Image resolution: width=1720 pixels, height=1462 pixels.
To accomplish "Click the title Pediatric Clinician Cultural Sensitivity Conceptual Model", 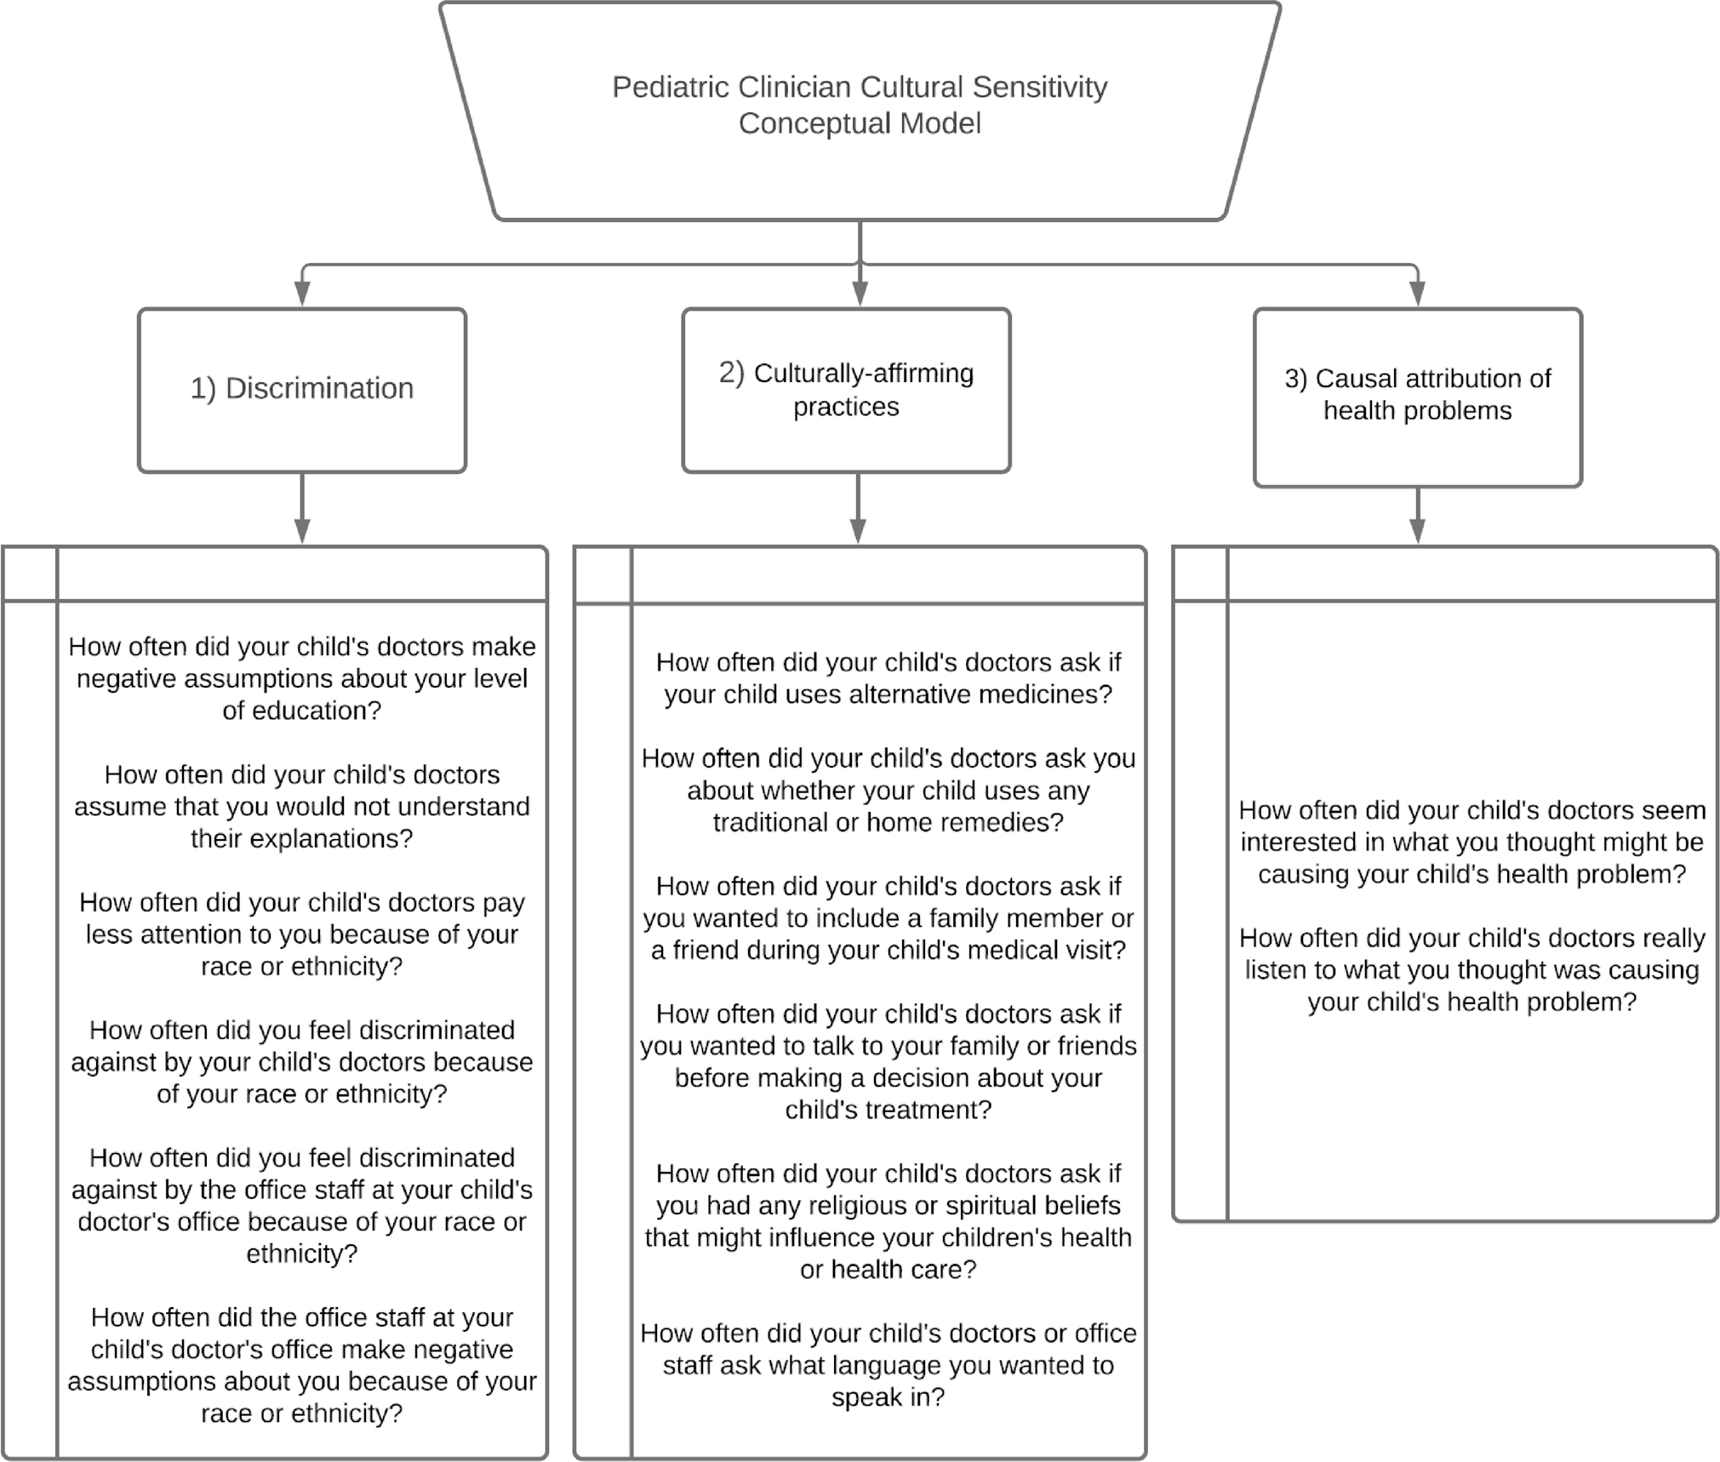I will [x=860, y=105].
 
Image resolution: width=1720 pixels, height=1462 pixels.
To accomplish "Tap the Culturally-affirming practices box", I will [x=846, y=390].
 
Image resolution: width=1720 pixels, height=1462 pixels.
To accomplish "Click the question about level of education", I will [x=302, y=678].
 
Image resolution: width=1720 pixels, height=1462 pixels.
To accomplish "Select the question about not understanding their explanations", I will [x=302, y=806].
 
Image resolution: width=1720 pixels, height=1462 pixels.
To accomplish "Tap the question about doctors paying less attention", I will [x=302, y=934].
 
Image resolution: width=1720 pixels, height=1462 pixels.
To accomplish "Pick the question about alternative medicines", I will [x=888, y=678].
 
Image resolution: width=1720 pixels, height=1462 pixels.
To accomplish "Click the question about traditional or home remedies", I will [x=888, y=790].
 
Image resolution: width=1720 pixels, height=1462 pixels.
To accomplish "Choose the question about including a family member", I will [x=888, y=917].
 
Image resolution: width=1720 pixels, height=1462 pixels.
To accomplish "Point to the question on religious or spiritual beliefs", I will [x=888, y=1220].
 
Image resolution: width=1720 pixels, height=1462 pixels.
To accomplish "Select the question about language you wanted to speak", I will [x=888, y=1364].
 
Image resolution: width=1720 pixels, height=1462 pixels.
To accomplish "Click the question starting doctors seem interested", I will [x=1471, y=842].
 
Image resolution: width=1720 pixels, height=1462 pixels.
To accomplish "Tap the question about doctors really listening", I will [x=1471, y=969].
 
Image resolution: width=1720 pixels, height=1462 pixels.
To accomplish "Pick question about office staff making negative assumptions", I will [x=302, y=1364].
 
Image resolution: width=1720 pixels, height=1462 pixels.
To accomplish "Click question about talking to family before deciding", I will [x=888, y=1061].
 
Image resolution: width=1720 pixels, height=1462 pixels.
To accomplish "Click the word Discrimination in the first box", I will [x=319, y=388].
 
